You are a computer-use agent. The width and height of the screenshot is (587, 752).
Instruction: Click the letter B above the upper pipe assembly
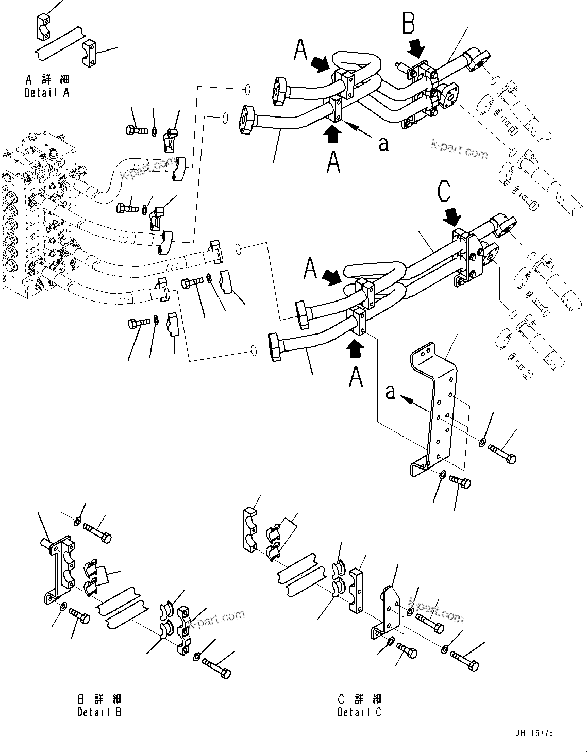click(409, 24)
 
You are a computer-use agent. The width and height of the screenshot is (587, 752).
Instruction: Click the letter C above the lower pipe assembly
click(444, 192)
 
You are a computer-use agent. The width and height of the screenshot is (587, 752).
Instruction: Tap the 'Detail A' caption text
click(47, 87)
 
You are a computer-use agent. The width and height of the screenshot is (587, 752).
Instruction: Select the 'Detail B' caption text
click(99, 706)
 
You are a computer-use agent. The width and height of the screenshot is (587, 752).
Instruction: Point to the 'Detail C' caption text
click(360, 706)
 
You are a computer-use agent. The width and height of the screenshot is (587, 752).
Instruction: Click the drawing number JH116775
click(533, 733)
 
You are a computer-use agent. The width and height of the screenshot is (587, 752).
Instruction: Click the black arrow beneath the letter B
click(416, 49)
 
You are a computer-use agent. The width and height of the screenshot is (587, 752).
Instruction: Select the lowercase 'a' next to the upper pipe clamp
click(383, 144)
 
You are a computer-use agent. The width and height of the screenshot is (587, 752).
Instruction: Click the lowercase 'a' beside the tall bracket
click(391, 392)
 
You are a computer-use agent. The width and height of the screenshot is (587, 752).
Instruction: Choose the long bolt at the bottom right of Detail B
click(216, 667)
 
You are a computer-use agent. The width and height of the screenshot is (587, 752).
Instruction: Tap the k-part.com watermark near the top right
click(459, 150)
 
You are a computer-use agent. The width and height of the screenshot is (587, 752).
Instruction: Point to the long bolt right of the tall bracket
click(502, 454)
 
